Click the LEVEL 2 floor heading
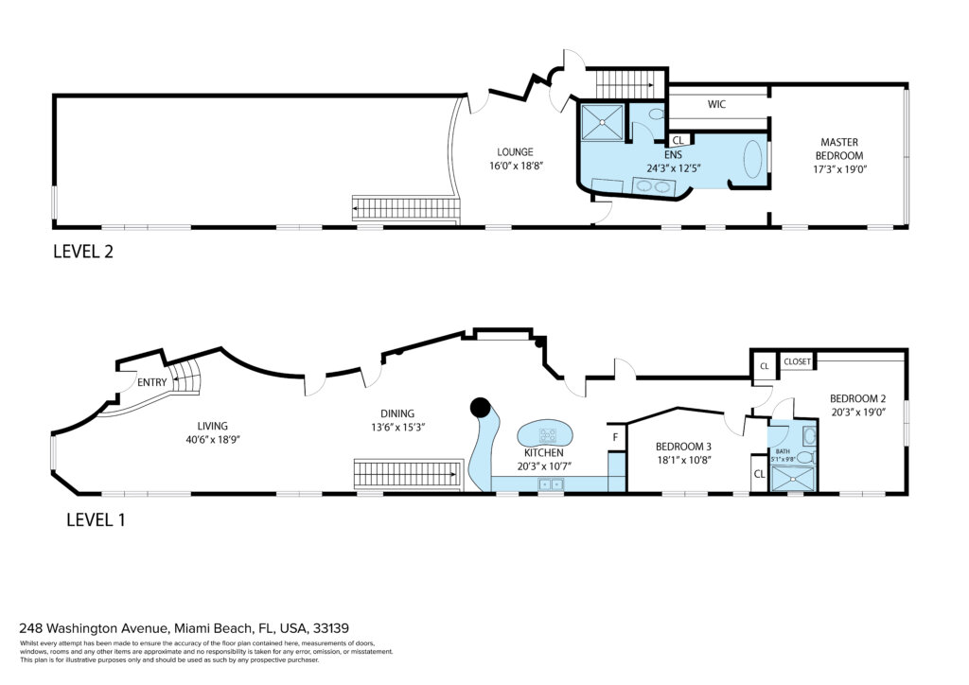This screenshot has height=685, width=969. (x=83, y=252)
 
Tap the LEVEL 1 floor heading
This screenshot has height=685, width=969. (x=96, y=520)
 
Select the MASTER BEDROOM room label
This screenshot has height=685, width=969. (x=839, y=149)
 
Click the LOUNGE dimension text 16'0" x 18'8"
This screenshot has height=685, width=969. (x=516, y=166)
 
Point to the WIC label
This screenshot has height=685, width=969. (x=716, y=104)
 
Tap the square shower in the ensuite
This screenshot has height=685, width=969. (x=602, y=122)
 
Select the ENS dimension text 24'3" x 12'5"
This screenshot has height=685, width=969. (x=674, y=168)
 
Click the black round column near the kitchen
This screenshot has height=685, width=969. (x=480, y=407)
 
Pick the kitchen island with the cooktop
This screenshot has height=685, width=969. (x=543, y=434)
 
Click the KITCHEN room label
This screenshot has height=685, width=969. (x=544, y=453)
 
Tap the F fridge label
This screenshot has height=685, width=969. (x=615, y=437)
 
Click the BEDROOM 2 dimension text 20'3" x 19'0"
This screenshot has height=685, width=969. (x=857, y=412)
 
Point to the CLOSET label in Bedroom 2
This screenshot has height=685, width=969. (x=797, y=361)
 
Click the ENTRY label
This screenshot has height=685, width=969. (x=152, y=382)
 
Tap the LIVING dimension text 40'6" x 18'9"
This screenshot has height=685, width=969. (x=213, y=440)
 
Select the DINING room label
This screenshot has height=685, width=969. (x=397, y=413)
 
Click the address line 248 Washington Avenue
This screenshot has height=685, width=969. (x=185, y=628)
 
